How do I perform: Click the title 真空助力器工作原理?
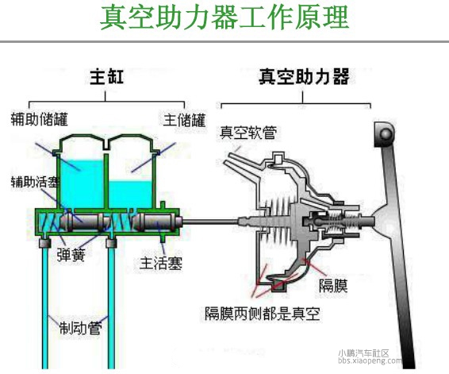[x=224, y=17]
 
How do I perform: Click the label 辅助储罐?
[x=39, y=119]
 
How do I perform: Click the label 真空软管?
[x=248, y=132]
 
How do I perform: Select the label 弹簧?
[x=71, y=255]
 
